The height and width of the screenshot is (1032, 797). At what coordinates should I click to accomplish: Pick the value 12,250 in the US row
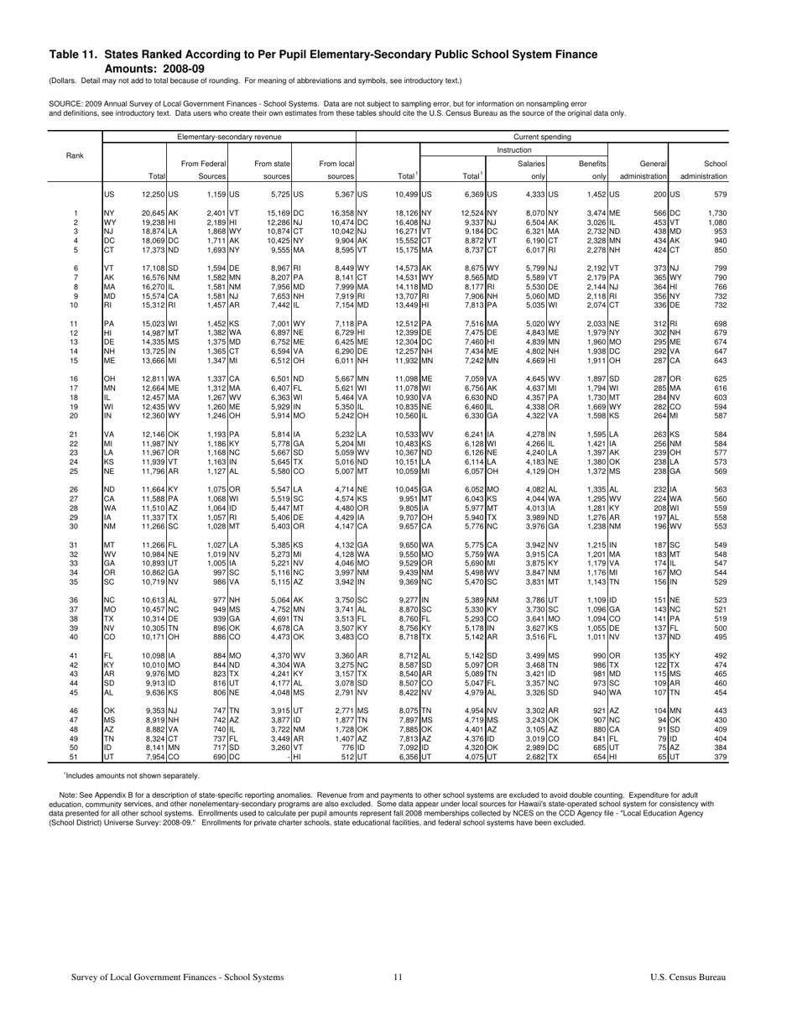point(154,195)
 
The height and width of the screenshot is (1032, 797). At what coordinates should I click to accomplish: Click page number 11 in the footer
point(398,1000)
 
